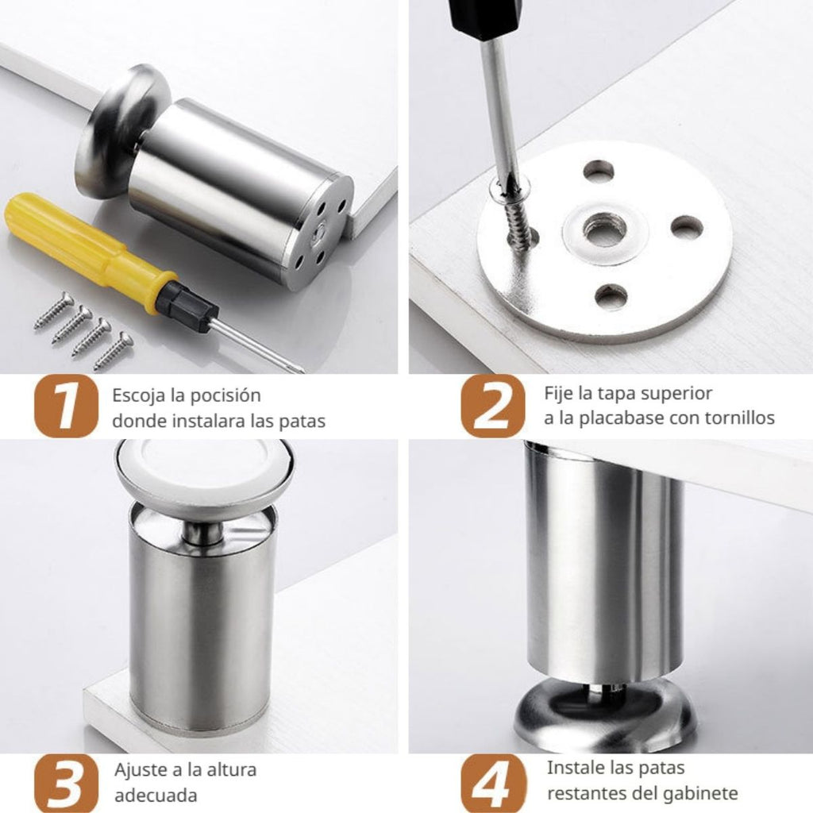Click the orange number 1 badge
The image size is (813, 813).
pyautogui.click(x=66, y=406)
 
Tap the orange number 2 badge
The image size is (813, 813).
pyautogui.click(x=492, y=406)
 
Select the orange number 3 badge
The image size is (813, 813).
pyautogui.click(x=66, y=783)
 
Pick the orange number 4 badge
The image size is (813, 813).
pyautogui.click(x=492, y=783)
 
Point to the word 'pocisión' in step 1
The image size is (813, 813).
pyautogui.click(x=224, y=396)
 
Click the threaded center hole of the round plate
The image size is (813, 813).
pyautogui.click(x=606, y=229)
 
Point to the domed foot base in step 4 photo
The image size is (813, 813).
pyautogui.click(x=604, y=713)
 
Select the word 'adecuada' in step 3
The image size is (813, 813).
pyautogui.click(x=156, y=796)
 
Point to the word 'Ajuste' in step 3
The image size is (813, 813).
pyautogui.click(x=141, y=769)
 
